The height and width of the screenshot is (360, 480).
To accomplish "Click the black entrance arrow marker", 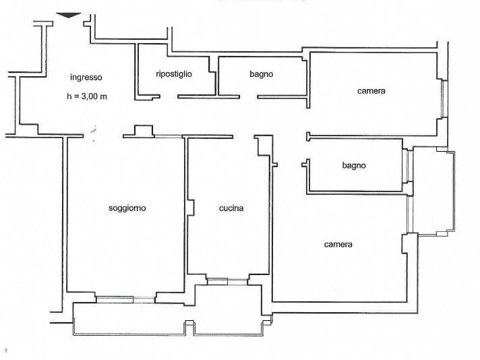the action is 69,15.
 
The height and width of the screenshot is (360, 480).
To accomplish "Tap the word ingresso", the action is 86,77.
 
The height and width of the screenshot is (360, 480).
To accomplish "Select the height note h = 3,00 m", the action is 87,96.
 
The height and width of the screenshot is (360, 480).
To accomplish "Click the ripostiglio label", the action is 174,73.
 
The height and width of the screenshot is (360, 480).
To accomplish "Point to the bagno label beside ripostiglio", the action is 261,74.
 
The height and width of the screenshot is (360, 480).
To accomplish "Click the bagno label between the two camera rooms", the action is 354,165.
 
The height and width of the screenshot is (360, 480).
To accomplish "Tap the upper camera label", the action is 371,91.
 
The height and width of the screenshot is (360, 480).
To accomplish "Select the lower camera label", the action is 338,245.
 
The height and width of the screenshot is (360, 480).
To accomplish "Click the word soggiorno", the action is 127,208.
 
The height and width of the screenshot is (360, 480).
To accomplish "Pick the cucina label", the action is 231,208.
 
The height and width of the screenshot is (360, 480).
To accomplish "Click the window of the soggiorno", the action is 125,300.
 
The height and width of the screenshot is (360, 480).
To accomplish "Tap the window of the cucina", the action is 227,282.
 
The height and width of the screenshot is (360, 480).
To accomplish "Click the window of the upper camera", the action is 442,98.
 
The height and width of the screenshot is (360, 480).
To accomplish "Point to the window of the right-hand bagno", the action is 407,166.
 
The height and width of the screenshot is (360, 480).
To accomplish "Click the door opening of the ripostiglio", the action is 169,96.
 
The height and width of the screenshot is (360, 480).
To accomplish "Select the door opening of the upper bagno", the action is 248,96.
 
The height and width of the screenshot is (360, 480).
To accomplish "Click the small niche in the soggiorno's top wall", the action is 144,130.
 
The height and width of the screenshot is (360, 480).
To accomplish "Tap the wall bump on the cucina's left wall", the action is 191,208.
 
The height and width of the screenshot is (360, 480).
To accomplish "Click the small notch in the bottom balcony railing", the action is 190,327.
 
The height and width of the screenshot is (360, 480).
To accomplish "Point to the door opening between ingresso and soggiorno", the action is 103,136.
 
